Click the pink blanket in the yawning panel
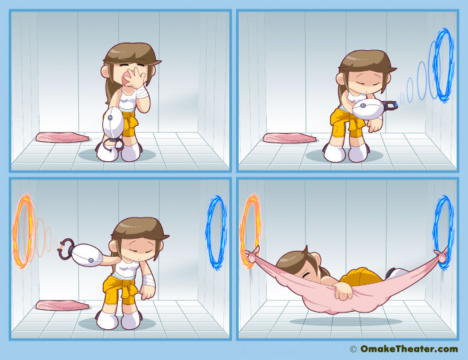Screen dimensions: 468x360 tap(62, 137)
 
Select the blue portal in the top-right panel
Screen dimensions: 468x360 tap(444, 66)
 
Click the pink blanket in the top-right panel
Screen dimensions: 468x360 tap(289, 138)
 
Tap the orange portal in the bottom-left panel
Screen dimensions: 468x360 tap(23, 231)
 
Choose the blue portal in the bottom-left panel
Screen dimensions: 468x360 tap(216, 232)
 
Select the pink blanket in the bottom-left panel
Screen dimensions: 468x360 tap(62, 305)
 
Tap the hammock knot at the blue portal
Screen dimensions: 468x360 tap(441, 256)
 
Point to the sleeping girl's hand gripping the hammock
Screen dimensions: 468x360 tap(343, 291)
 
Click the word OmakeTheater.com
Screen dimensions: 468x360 tap(409, 349)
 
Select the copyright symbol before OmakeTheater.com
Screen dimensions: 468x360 tap(353, 349)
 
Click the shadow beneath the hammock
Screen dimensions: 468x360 tap(346, 321)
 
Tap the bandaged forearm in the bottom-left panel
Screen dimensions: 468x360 tap(148, 279)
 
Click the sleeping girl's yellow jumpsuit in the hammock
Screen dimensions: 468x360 tap(362, 276)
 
